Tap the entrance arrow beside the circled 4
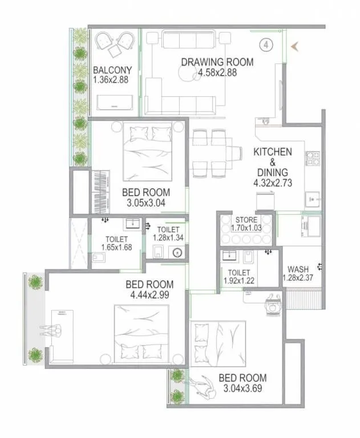pyautogui.click(x=296, y=46)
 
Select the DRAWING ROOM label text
pyautogui.click(x=217, y=62)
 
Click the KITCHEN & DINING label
pyautogui.click(x=273, y=162)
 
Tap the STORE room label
pyautogui.click(x=246, y=220)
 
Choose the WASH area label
pyautogui.click(x=298, y=269)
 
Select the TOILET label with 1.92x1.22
pyautogui.click(x=240, y=273)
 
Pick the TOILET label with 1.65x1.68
pyautogui.click(x=116, y=240)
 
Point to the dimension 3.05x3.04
pyautogui.click(x=144, y=201)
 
